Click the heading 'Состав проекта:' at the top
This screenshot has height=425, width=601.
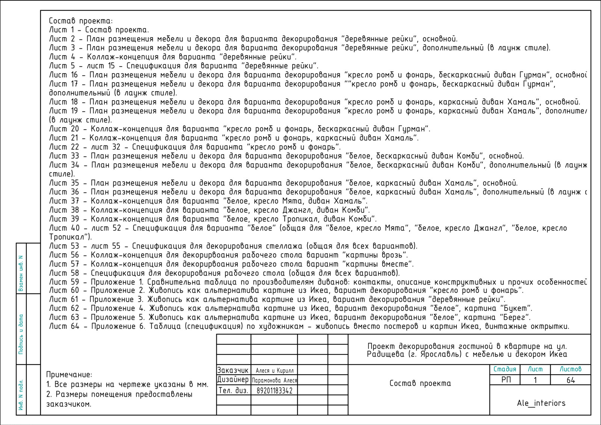(x=81, y=21)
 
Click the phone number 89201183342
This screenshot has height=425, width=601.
(x=274, y=391)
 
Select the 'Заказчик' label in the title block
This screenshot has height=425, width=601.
(x=233, y=370)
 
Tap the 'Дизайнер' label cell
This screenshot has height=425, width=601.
(x=233, y=380)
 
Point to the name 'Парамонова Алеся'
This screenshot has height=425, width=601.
(x=274, y=380)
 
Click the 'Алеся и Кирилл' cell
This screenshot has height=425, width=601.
(x=274, y=371)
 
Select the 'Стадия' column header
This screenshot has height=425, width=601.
(x=505, y=369)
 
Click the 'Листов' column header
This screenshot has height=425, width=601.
(x=570, y=369)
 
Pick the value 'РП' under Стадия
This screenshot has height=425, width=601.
(x=506, y=380)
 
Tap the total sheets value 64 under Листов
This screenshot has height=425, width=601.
(x=571, y=380)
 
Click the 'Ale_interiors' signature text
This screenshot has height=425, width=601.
(x=541, y=403)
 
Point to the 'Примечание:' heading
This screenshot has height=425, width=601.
(x=69, y=375)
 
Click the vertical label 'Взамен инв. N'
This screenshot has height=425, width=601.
(x=21, y=274)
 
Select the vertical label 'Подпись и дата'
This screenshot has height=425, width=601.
(x=21, y=334)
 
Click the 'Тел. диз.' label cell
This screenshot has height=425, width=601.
(x=233, y=391)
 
